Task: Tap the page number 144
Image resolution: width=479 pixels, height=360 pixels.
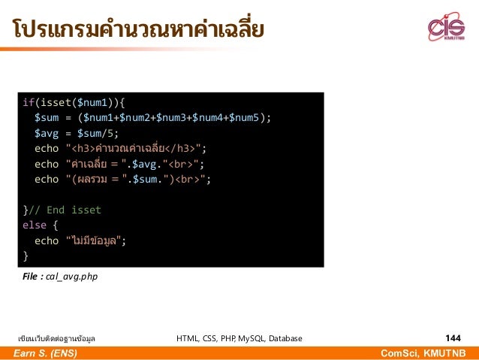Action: tap(453, 338)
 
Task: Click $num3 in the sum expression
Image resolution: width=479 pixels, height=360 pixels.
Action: tap(169, 117)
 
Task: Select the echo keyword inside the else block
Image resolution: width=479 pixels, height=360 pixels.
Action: tap(47, 241)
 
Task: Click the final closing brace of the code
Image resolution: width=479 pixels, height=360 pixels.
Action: tap(26, 256)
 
